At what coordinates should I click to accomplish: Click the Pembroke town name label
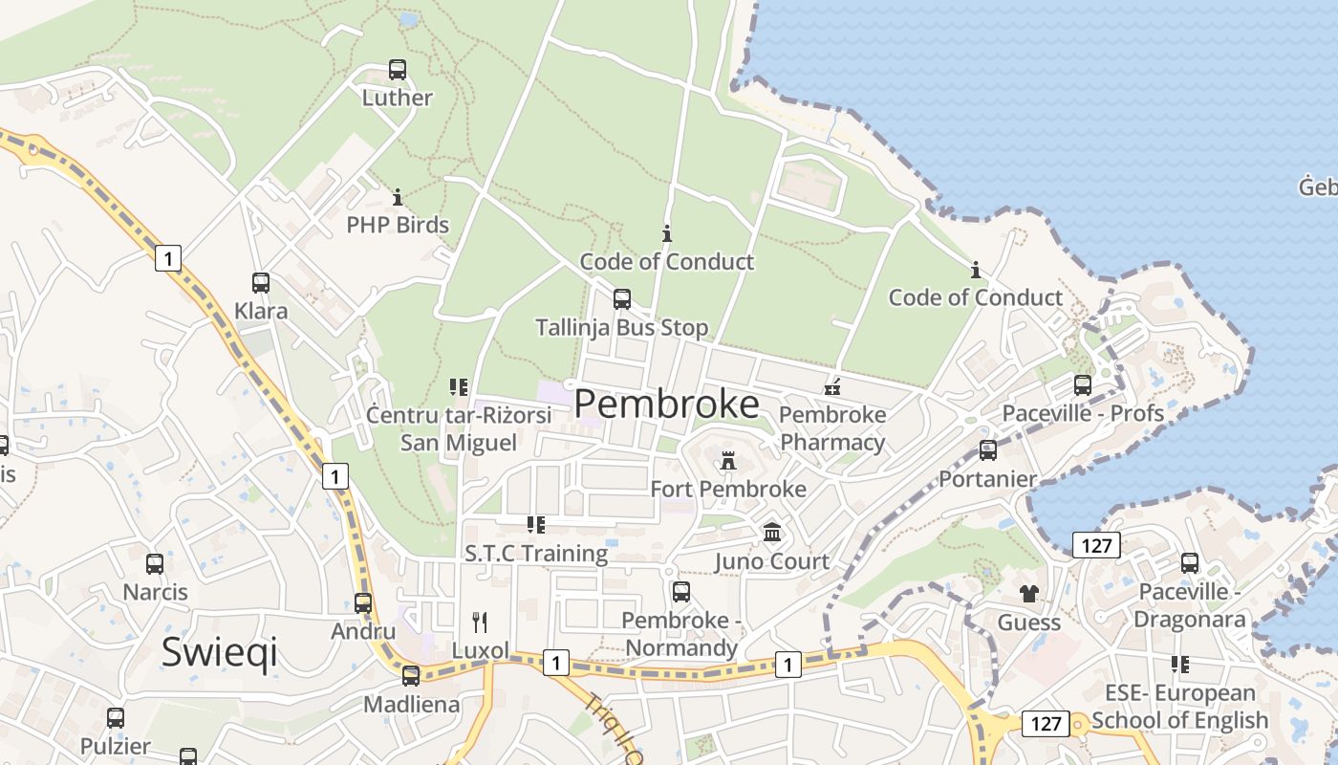(x=667, y=404)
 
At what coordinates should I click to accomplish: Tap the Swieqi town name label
(x=220, y=652)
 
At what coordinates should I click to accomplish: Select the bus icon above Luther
(x=398, y=70)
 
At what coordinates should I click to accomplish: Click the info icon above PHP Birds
(x=398, y=198)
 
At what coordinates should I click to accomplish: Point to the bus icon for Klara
(x=261, y=283)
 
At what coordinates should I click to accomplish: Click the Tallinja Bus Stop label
(x=622, y=328)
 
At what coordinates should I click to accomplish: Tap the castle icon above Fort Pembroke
(x=729, y=461)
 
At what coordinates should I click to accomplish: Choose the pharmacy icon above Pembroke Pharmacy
(x=832, y=387)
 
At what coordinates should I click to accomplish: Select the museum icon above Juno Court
(x=772, y=533)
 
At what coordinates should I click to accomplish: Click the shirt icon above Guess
(x=1028, y=594)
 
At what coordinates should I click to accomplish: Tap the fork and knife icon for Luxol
(x=481, y=623)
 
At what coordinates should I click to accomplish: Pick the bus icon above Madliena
(x=411, y=676)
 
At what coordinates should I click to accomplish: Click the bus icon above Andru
(x=363, y=603)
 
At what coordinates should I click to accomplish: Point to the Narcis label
(x=156, y=592)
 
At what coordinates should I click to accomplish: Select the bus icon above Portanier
(x=988, y=450)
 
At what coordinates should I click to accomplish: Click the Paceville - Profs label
(x=1083, y=413)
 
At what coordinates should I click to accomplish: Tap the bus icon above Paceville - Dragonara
(x=1190, y=563)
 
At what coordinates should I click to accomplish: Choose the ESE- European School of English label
(x=1180, y=707)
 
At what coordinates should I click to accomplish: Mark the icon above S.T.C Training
(x=536, y=525)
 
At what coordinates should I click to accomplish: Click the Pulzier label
(x=116, y=746)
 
